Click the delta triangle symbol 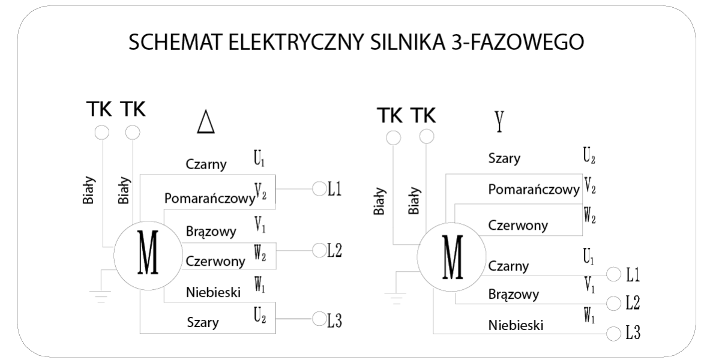tap(206, 122)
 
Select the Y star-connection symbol tap(498, 122)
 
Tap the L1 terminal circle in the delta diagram tap(319, 188)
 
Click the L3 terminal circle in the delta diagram tap(319, 319)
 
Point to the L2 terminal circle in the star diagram tap(613, 302)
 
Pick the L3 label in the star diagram tap(633, 333)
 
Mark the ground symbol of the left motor tap(100, 293)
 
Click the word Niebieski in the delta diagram tap(213, 292)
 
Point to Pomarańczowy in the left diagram tap(209, 198)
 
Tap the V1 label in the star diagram tap(589, 285)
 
